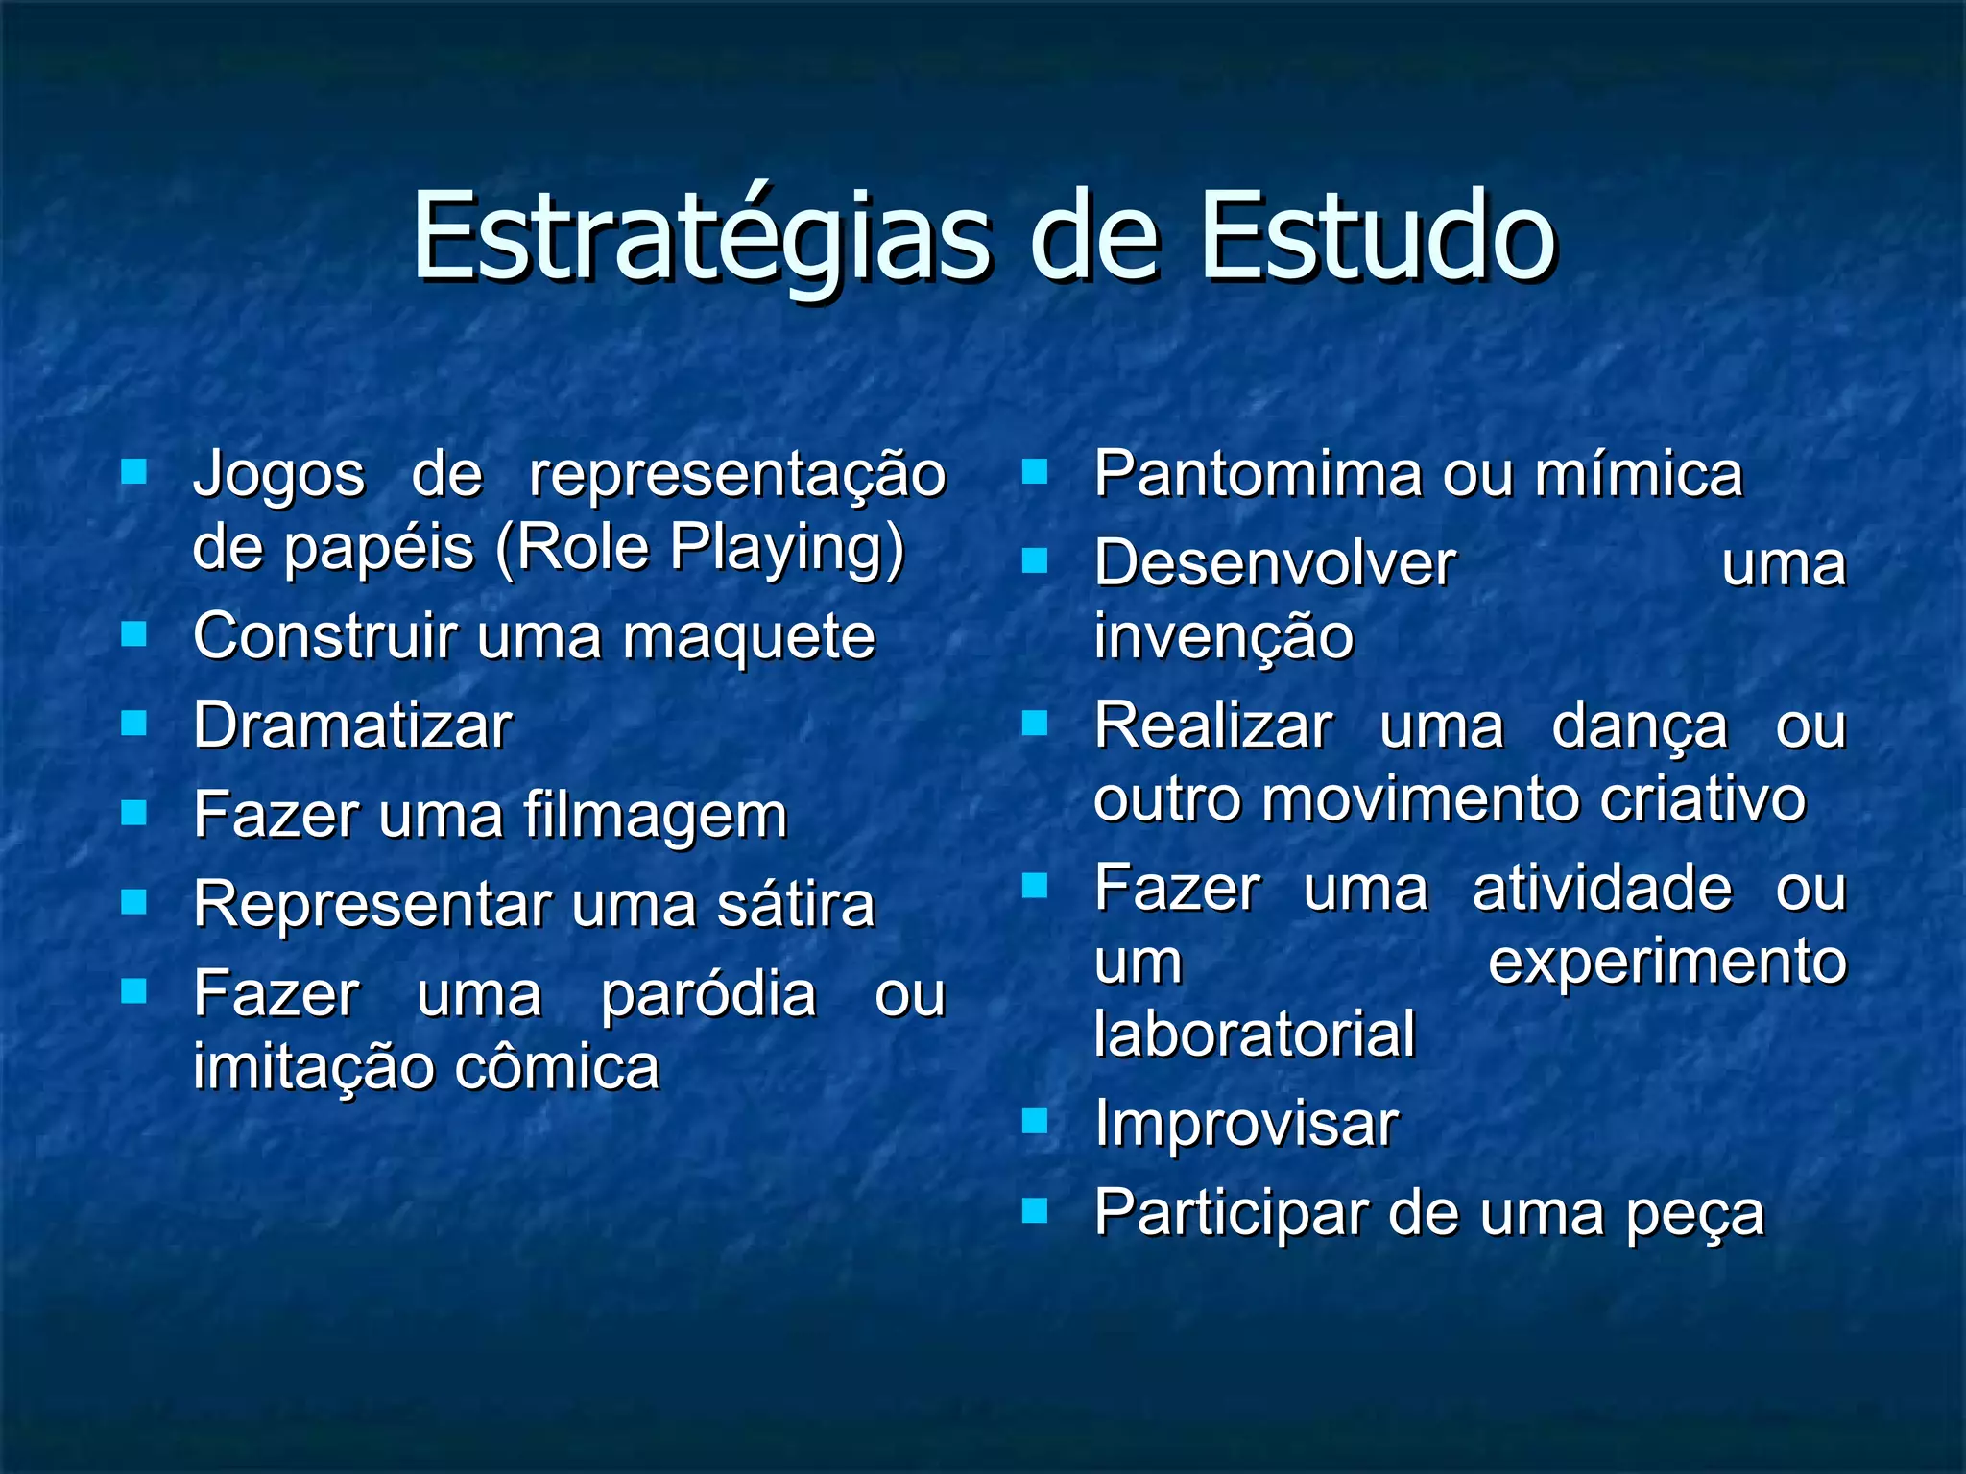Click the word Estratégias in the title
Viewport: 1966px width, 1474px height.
(701, 238)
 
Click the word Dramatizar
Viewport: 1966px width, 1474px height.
(352, 726)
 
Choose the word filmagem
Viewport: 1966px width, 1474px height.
(656, 817)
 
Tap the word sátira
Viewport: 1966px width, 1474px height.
(796, 905)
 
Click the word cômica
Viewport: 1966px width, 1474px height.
(557, 1068)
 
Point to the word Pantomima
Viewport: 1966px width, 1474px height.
(1259, 475)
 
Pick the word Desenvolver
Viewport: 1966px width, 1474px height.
(1275, 564)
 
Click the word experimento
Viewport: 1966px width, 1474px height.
(1667, 963)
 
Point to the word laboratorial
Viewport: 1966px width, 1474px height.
(1255, 1034)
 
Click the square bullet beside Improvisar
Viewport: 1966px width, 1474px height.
(1035, 1121)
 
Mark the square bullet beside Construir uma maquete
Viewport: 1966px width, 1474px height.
(133, 633)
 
